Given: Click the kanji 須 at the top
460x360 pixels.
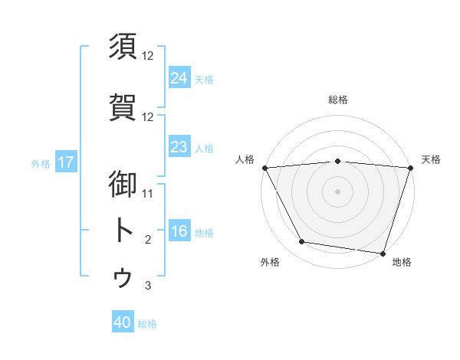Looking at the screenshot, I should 123,47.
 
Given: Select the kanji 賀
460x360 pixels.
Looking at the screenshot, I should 123,107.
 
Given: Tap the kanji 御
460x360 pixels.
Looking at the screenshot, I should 123,183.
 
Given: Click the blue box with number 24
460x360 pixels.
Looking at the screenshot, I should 179,77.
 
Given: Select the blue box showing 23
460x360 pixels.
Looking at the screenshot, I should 179,147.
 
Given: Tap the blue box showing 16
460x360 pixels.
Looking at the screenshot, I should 179,231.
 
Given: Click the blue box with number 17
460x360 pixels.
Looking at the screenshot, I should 65,162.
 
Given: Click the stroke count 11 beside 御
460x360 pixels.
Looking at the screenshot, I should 149,193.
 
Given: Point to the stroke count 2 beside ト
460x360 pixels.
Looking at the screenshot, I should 149,240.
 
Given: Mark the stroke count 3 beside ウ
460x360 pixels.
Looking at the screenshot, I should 149,286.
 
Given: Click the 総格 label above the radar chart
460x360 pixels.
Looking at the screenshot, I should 337,100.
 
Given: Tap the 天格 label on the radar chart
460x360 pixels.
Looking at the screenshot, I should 431,159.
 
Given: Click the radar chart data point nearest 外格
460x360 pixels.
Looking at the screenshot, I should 302,242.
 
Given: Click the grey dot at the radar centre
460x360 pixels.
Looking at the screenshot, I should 337,191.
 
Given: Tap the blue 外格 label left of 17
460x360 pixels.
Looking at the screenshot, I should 40,163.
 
